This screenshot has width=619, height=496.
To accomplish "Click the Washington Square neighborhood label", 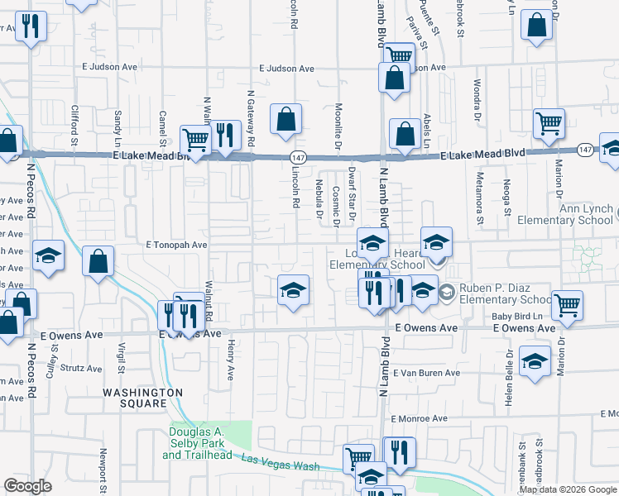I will (x=143, y=398).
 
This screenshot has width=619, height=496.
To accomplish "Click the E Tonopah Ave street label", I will (x=176, y=246).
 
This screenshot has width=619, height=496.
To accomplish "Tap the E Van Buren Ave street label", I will (x=426, y=374).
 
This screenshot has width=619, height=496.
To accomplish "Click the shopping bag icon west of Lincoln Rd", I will (x=286, y=118).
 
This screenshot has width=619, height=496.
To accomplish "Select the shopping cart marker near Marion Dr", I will (x=549, y=124).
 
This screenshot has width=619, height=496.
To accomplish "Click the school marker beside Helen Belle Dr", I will (x=535, y=361).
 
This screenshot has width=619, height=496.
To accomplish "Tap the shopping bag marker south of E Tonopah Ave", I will (x=98, y=261).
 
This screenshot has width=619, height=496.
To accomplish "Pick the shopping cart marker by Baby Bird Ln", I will (x=567, y=305).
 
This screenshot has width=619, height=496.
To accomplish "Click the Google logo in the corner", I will (x=27, y=486).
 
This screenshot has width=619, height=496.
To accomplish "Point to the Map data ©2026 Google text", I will (x=568, y=489).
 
